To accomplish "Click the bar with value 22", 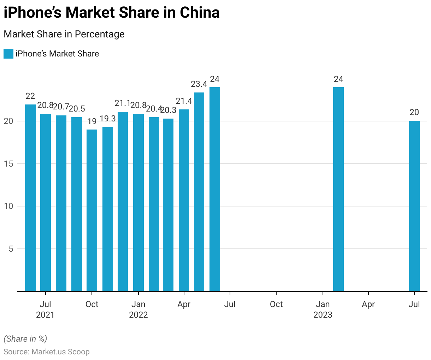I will click(30, 198).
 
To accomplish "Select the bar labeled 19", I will click(92, 210).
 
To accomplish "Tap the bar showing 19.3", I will click(107, 209).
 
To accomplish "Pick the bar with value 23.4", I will click(199, 192).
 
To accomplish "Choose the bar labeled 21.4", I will click(184, 200).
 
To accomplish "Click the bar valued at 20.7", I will click(61, 203).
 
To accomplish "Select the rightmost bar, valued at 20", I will click(414, 206).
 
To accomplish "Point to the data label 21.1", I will click(123, 103).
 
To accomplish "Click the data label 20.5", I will click(77, 109).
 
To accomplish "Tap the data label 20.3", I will click(168, 110).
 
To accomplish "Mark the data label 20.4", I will click(154, 109).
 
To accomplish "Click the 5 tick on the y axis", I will click(11, 249).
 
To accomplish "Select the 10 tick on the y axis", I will click(8, 206).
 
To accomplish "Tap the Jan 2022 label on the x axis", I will click(138, 309).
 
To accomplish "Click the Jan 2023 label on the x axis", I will click(323, 309).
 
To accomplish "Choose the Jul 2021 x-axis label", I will click(45, 309).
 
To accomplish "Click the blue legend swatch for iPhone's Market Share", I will click(8, 54).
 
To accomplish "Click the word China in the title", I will click(200, 13).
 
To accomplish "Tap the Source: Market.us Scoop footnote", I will click(47, 352).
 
